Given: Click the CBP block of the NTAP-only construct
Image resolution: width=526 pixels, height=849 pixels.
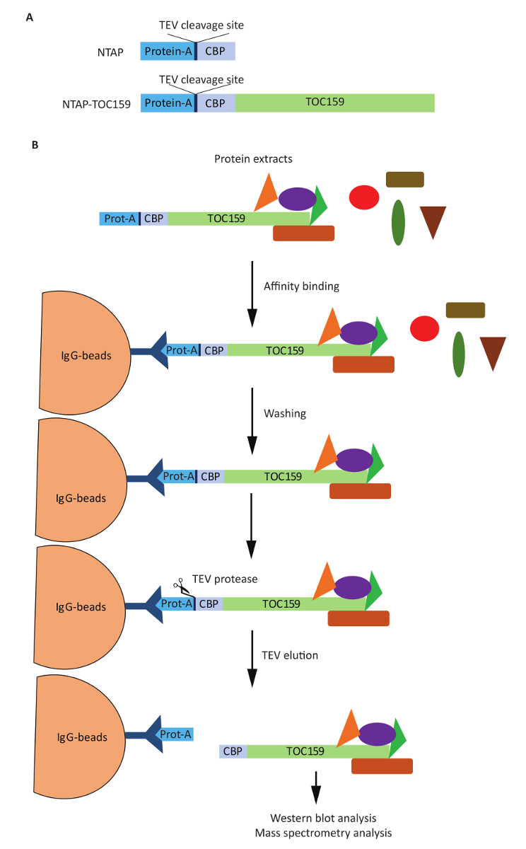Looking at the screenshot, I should pos(216,51).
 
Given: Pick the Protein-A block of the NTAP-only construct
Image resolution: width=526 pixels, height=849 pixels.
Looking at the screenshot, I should pos(168,51).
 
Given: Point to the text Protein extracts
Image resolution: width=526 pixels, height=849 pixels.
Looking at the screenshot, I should pos(253,159).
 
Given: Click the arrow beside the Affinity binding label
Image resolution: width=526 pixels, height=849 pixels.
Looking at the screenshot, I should pos(252,293).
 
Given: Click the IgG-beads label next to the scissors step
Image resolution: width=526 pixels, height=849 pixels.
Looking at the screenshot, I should pos(82,607).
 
